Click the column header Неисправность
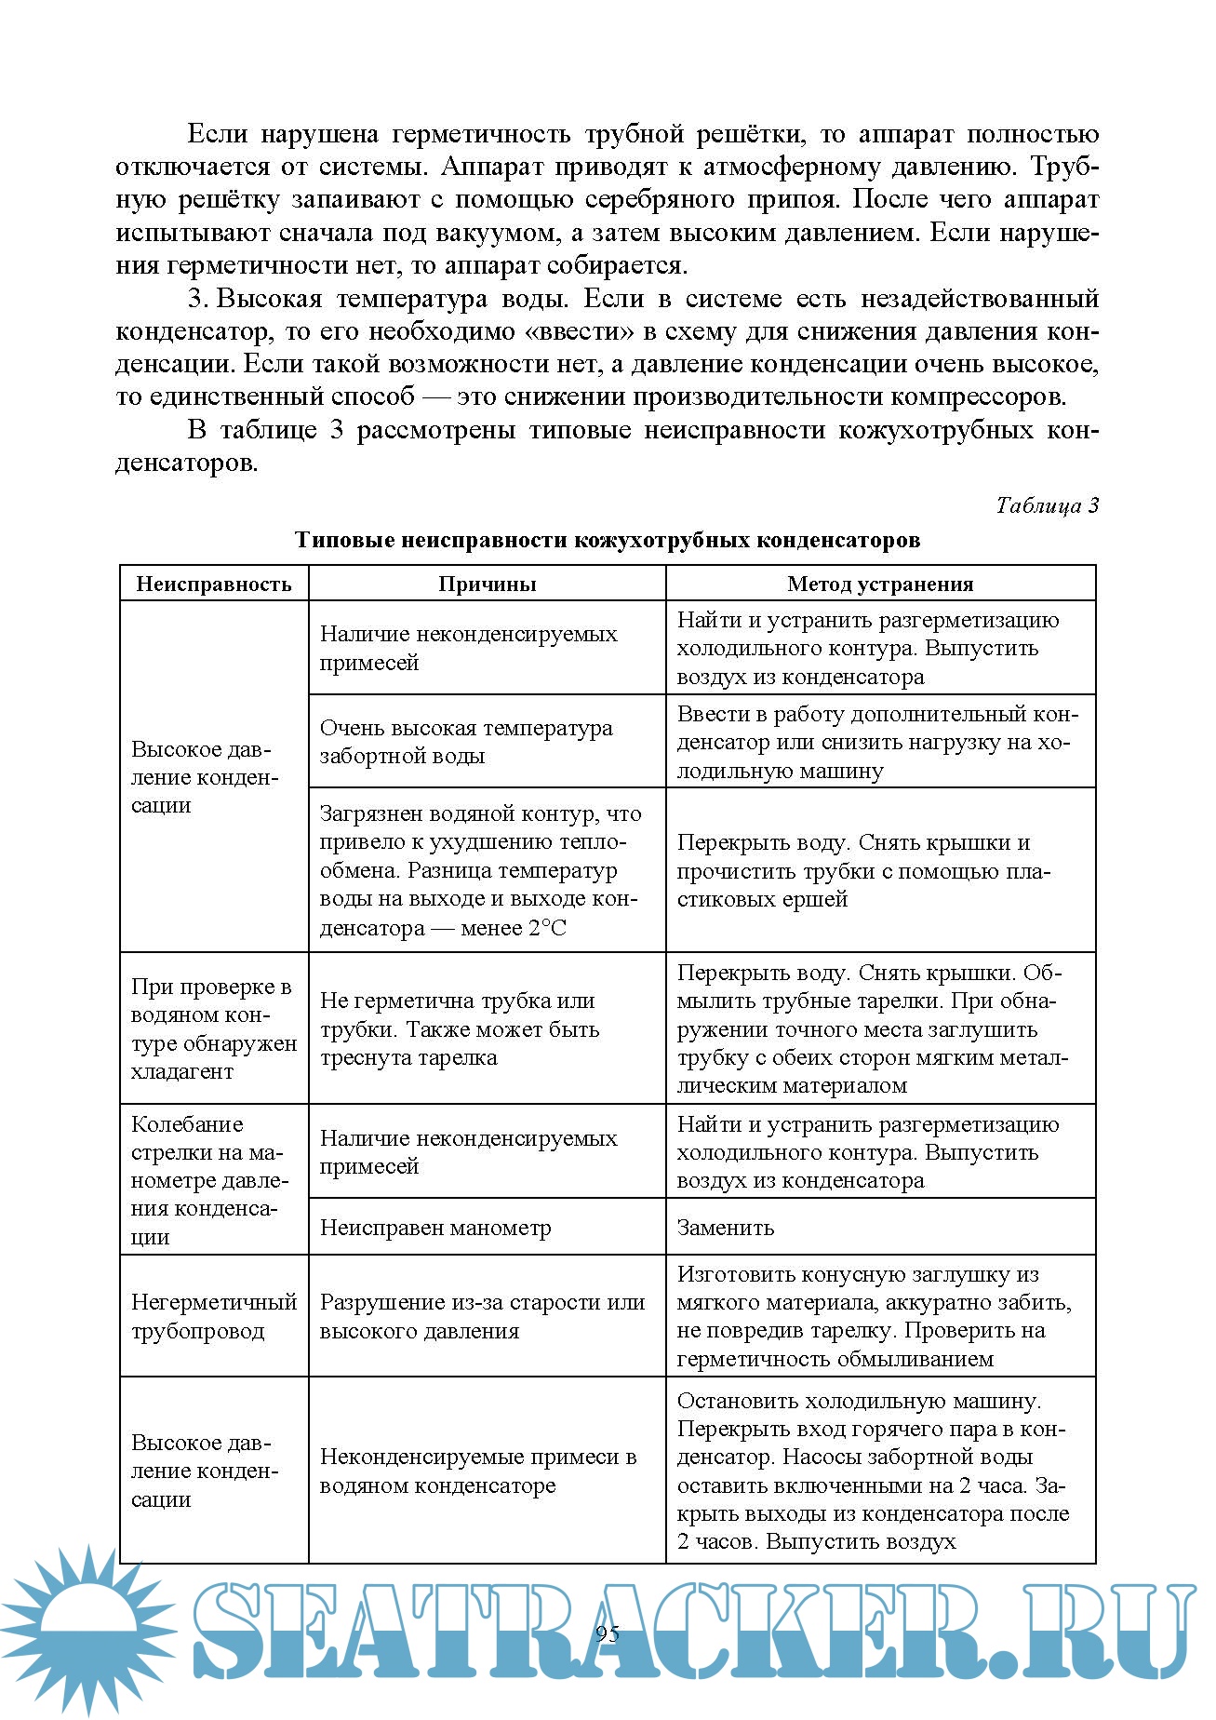click(214, 585)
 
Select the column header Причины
click(487, 585)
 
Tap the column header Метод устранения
click(880, 585)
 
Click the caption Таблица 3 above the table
click(1047, 505)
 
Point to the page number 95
click(607, 1634)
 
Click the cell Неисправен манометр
click(435, 1228)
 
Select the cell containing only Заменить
click(726, 1228)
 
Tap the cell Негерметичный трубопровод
click(214, 1316)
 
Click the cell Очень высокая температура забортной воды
click(466, 742)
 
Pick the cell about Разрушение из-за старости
click(482, 1316)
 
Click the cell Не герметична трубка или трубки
click(460, 1029)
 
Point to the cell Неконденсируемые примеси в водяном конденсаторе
click(478, 1471)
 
